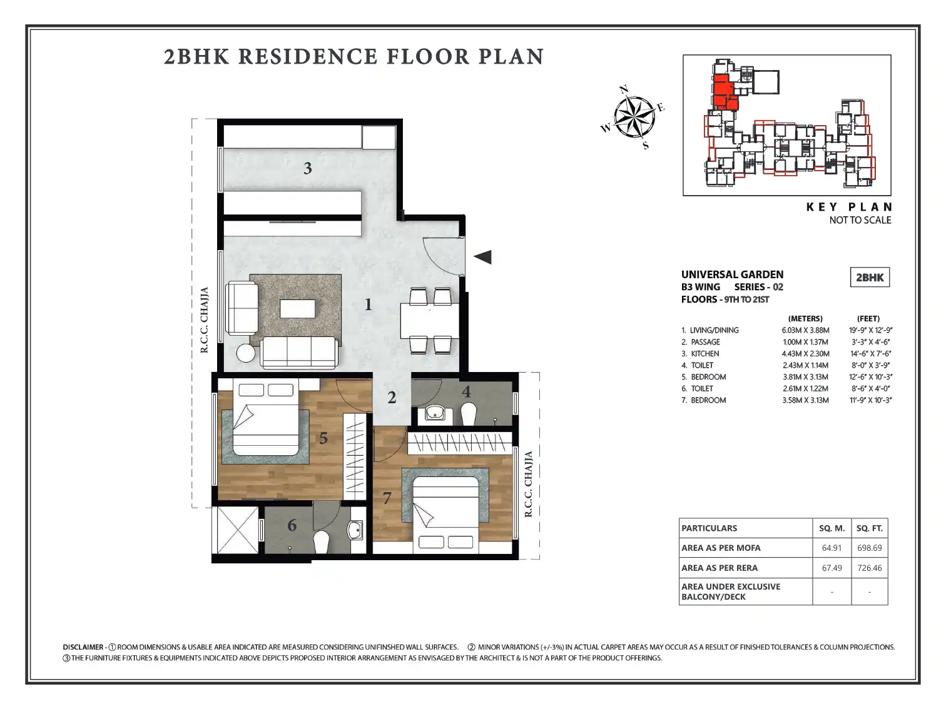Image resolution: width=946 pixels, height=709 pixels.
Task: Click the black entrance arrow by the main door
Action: pyautogui.click(x=483, y=257)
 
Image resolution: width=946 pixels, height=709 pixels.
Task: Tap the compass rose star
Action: pyautogui.click(x=634, y=117)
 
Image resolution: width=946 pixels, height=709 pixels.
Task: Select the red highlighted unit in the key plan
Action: pyautogui.click(x=724, y=92)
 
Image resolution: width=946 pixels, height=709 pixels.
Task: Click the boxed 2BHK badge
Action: pyautogui.click(x=870, y=277)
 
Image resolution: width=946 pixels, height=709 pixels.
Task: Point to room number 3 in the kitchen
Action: pyautogui.click(x=307, y=168)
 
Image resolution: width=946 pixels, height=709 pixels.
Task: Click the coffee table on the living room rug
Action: pyautogui.click(x=297, y=309)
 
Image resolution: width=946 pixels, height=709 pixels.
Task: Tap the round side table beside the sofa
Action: pyautogui.click(x=246, y=353)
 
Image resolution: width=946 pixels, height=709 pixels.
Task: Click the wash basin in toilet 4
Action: pyautogui.click(x=435, y=414)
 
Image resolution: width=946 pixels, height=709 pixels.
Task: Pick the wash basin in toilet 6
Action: pyautogui.click(x=356, y=530)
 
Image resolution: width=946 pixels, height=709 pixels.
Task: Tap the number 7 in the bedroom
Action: pyautogui.click(x=387, y=498)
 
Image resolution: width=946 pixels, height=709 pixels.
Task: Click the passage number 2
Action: pyautogui.click(x=391, y=398)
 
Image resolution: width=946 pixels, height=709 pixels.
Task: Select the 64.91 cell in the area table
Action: pyautogui.click(x=832, y=548)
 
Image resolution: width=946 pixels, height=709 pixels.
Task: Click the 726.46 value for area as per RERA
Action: pyautogui.click(x=869, y=568)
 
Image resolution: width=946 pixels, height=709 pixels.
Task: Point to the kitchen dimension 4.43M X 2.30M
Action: pyautogui.click(x=805, y=353)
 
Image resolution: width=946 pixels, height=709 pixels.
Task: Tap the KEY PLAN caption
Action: pyautogui.click(x=849, y=207)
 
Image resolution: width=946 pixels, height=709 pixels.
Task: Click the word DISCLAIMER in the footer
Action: pyautogui.click(x=83, y=647)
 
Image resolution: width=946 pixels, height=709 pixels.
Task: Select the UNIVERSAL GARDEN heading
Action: pyautogui.click(x=732, y=274)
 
